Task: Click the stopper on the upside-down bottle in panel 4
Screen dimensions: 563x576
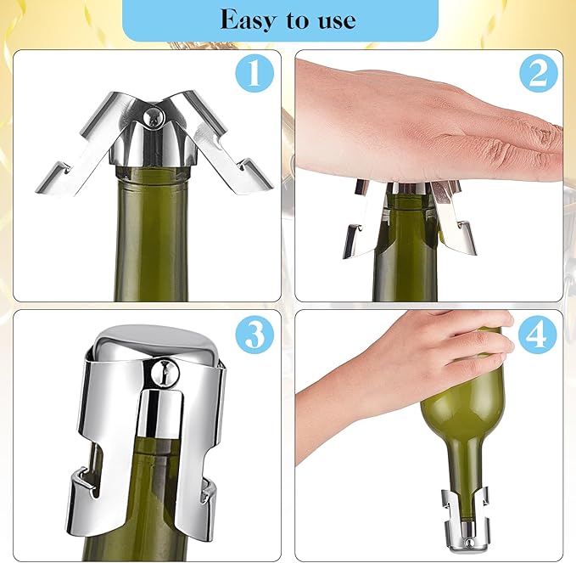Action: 463,513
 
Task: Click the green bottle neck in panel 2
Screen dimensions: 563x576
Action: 405,255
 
